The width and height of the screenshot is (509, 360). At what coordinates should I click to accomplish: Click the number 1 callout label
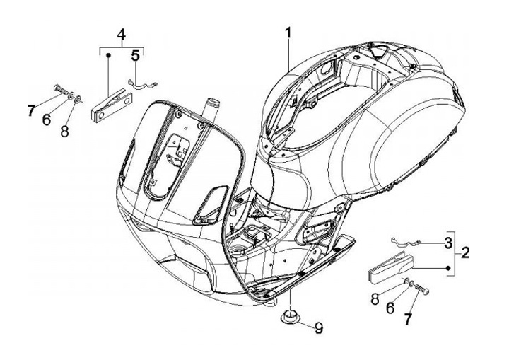pos(288,33)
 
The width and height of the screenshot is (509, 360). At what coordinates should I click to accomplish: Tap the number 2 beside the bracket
pos(464,252)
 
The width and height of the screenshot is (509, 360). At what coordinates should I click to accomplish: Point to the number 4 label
pos(121,34)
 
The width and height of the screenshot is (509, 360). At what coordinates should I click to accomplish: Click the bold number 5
pos(134,54)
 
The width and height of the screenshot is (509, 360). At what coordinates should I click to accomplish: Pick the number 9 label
pos(319,327)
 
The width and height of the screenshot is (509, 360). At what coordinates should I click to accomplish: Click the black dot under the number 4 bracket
pos(108,54)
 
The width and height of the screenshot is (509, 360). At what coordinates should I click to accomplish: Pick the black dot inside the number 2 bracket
pos(449,267)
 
